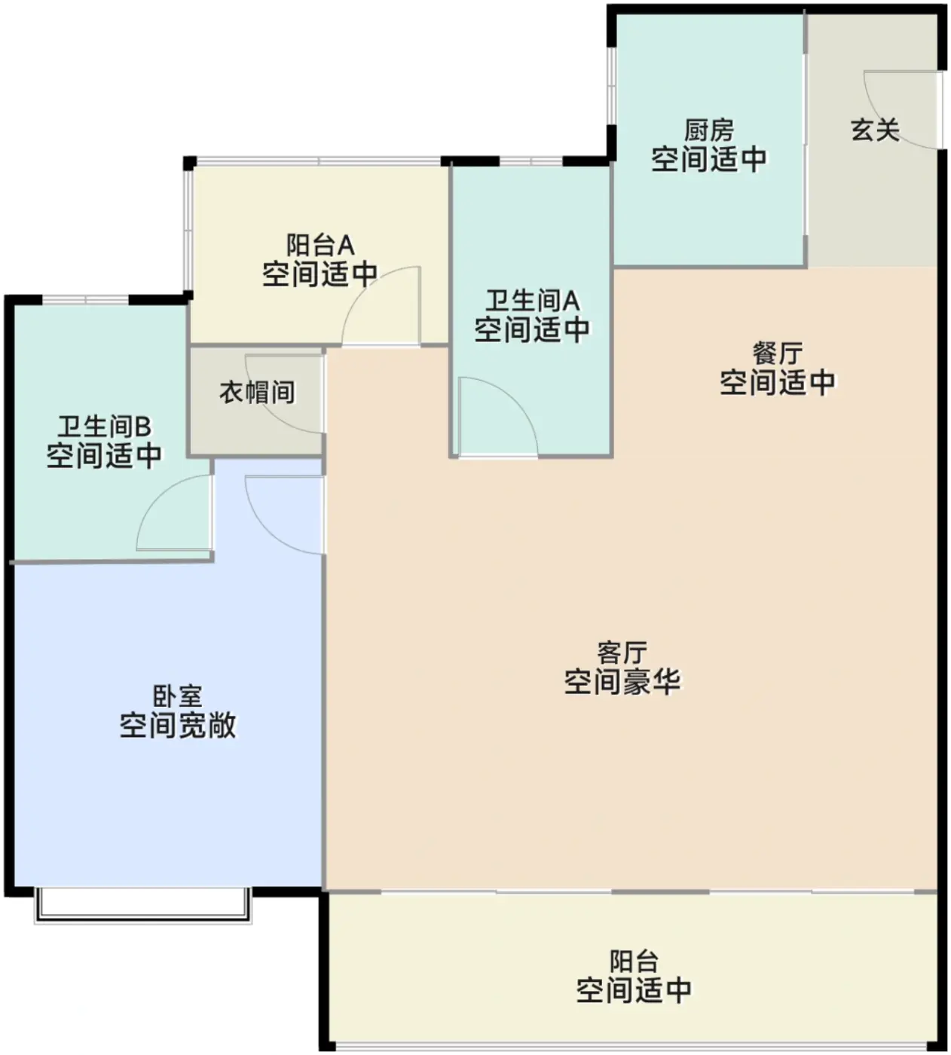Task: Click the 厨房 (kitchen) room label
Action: (x=708, y=130)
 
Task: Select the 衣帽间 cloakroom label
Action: (x=257, y=392)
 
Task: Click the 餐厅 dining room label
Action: (x=778, y=353)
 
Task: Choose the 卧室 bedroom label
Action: (x=178, y=696)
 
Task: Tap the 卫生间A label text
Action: (x=531, y=301)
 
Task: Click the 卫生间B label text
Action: (x=104, y=427)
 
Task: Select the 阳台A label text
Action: (x=320, y=244)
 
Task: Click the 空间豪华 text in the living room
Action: (x=622, y=682)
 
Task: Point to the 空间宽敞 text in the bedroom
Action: (x=178, y=725)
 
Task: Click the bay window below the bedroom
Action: (x=142, y=906)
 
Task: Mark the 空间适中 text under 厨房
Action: (x=708, y=159)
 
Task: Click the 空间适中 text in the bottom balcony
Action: (x=633, y=989)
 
